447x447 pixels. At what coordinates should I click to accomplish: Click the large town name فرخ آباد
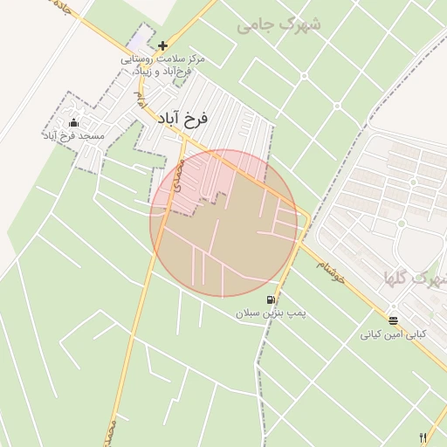(x=184, y=118)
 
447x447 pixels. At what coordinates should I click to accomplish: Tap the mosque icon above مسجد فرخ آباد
(x=73, y=123)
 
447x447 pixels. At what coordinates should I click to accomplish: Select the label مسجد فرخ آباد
(x=73, y=136)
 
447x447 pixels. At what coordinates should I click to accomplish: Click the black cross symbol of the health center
(x=163, y=45)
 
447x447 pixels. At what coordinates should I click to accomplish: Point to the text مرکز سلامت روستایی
(x=163, y=58)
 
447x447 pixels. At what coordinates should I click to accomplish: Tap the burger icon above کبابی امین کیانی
(x=393, y=320)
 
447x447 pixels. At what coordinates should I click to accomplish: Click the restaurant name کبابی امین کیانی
(x=393, y=334)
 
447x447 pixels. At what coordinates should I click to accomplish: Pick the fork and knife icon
(x=423, y=437)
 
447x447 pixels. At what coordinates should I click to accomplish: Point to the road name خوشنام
(x=334, y=261)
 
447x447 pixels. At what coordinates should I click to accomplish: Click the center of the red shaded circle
(x=223, y=223)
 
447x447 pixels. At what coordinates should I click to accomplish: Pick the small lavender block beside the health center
(x=139, y=40)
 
